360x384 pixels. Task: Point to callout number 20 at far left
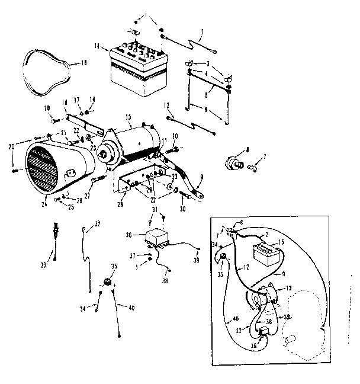coord(11,147)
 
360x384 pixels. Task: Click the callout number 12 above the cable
coord(168,105)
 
